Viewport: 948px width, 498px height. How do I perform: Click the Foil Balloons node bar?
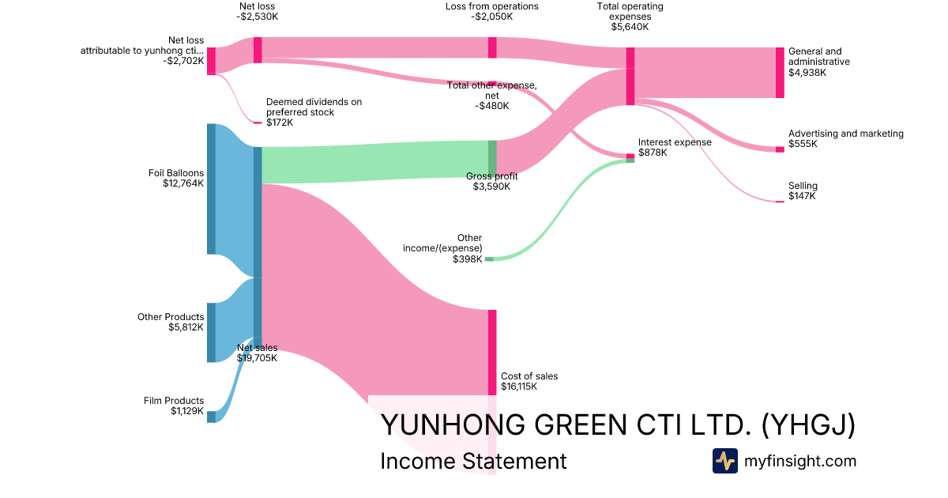tap(211, 189)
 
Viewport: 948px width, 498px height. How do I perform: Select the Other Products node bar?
tap(211, 332)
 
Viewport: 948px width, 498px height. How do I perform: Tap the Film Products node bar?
tap(211, 417)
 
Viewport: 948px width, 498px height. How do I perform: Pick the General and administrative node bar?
tap(780, 73)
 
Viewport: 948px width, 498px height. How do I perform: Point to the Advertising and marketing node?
tap(780, 149)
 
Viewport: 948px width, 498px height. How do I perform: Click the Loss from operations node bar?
tap(492, 47)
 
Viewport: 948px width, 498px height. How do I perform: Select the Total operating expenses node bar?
tap(630, 76)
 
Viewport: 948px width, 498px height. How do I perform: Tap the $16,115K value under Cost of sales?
tap(519, 387)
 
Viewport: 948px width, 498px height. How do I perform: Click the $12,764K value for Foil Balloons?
tap(182, 183)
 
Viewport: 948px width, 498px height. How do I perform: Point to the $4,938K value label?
tap(807, 73)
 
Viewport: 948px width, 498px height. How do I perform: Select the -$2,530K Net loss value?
tap(258, 17)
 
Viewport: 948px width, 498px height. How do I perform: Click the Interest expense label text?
tap(675, 142)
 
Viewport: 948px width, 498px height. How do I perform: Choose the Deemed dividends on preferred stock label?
tap(314, 107)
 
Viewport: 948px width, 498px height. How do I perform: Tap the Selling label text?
tap(803, 186)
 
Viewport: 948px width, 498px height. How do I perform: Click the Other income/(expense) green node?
tap(489, 259)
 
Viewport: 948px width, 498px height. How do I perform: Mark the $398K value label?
tap(467, 259)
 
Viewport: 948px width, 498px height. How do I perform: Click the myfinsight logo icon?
tap(724, 461)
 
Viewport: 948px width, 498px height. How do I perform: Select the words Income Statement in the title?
tap(473, 461)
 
